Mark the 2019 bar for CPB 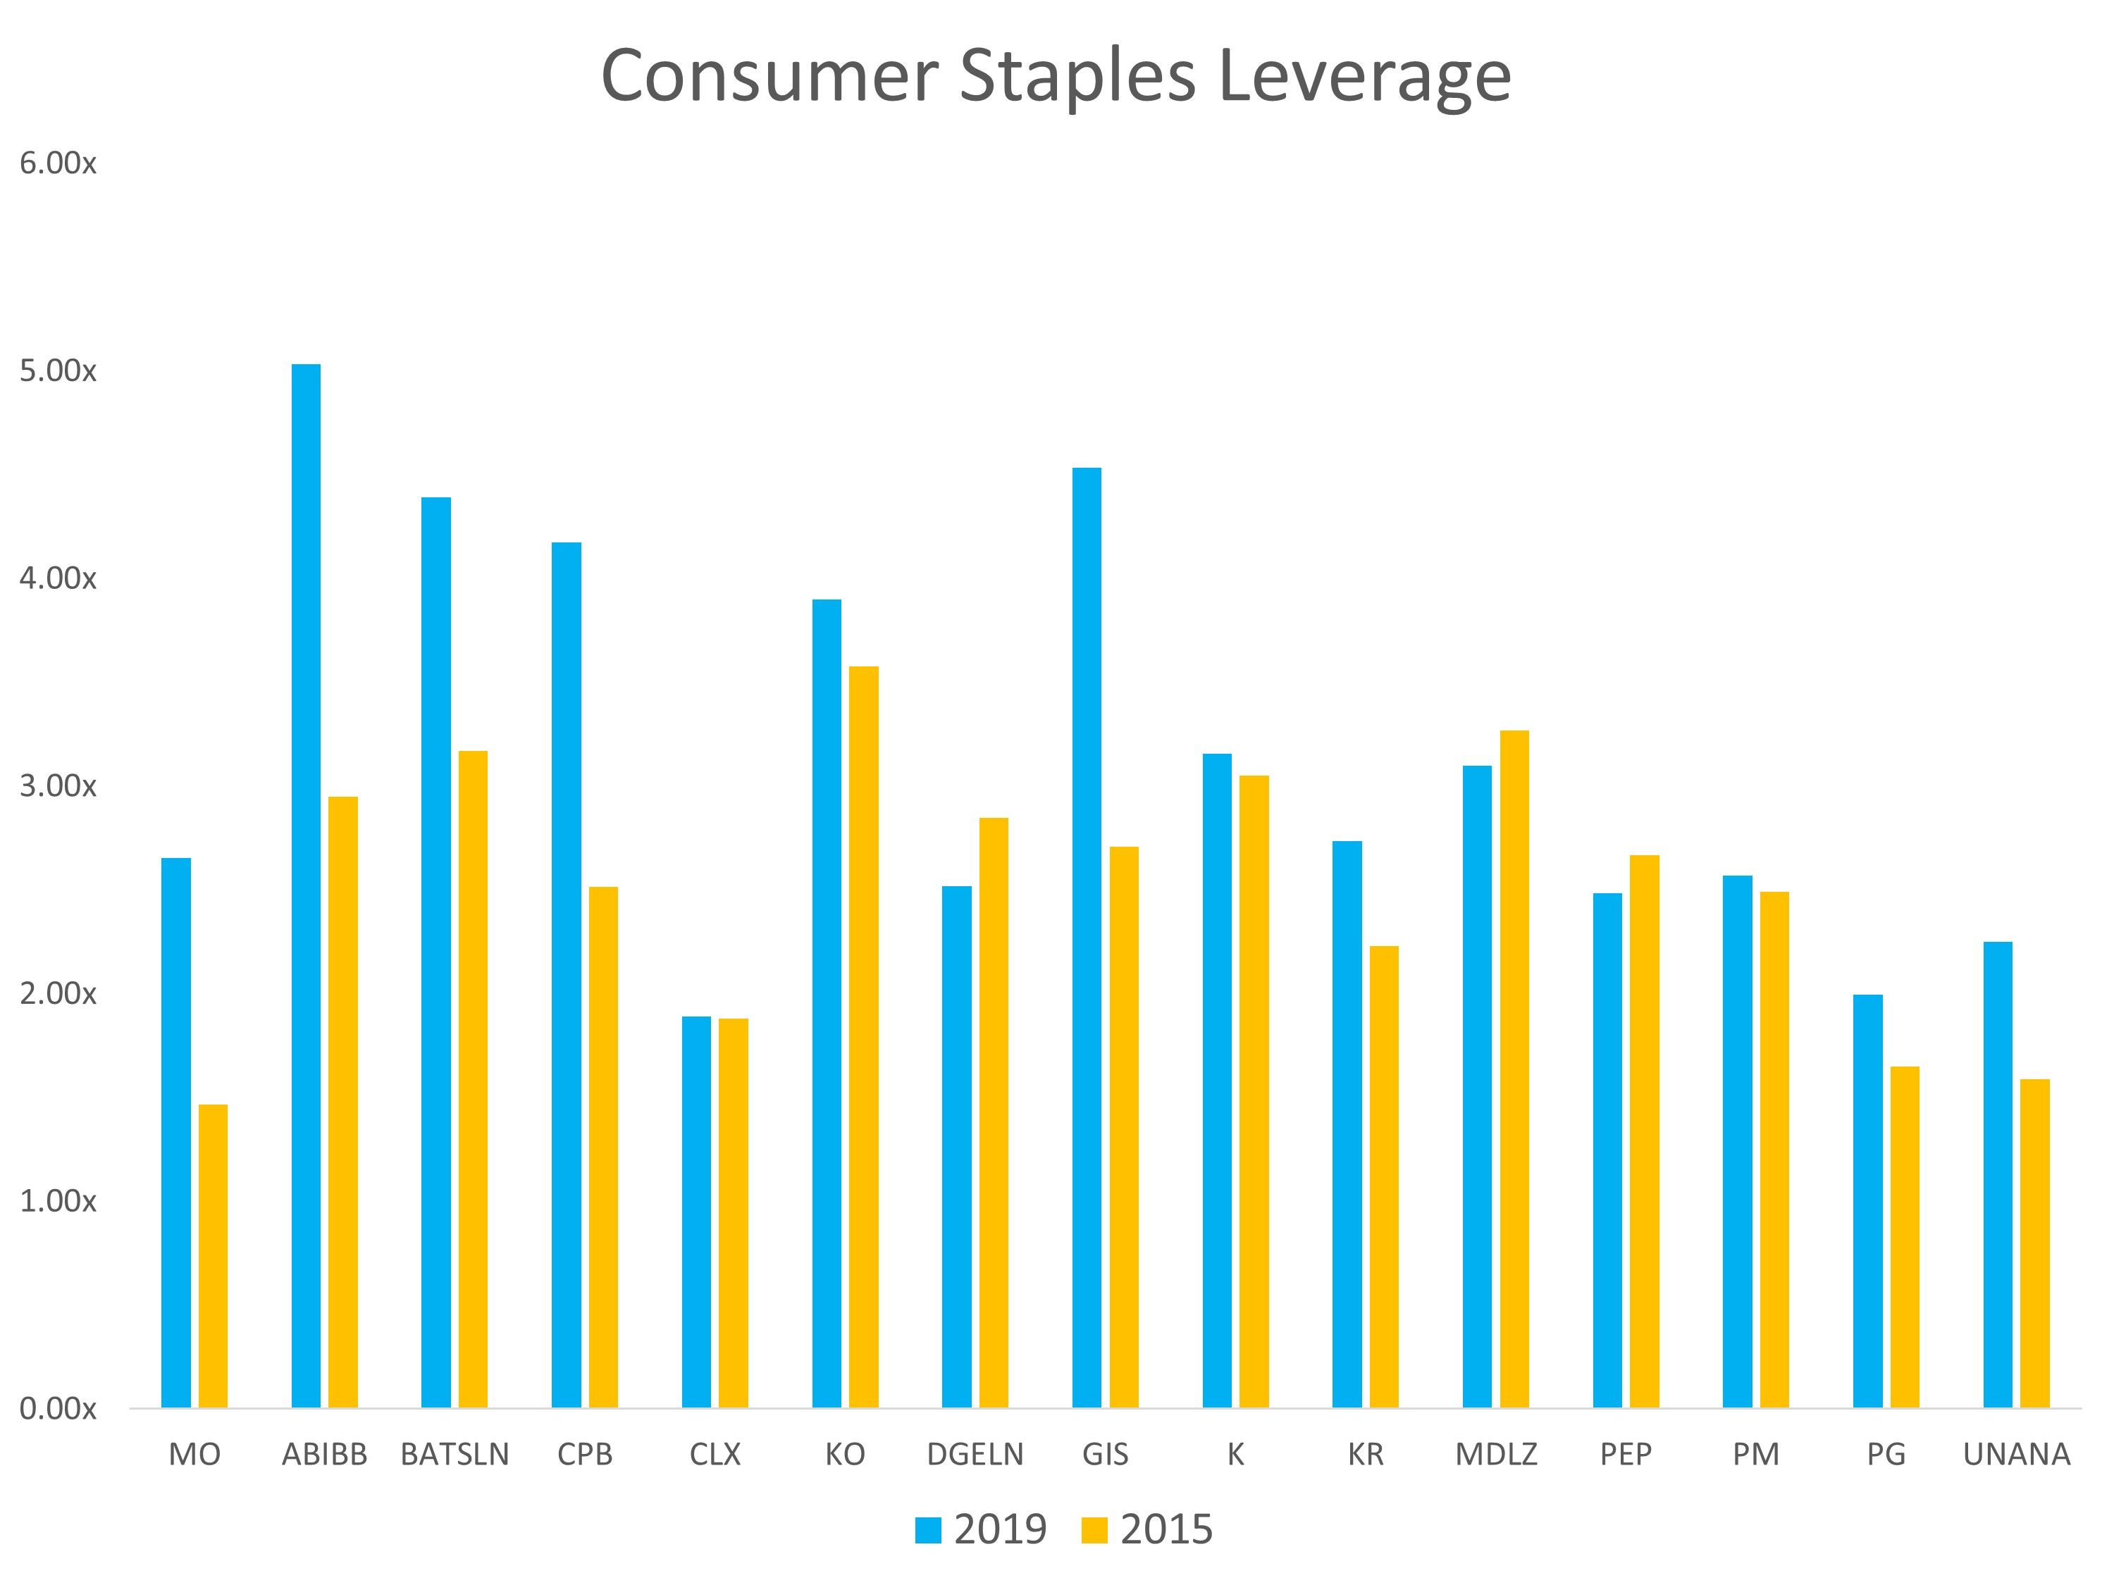[566, 974]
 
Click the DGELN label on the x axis [975, 1454]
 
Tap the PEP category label [1626, 1454]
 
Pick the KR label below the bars [1366, 1454]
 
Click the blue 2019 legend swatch [928, 1529]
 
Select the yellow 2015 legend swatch [1094, 1529]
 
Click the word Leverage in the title [1365, 76]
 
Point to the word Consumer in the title [769, 76]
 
